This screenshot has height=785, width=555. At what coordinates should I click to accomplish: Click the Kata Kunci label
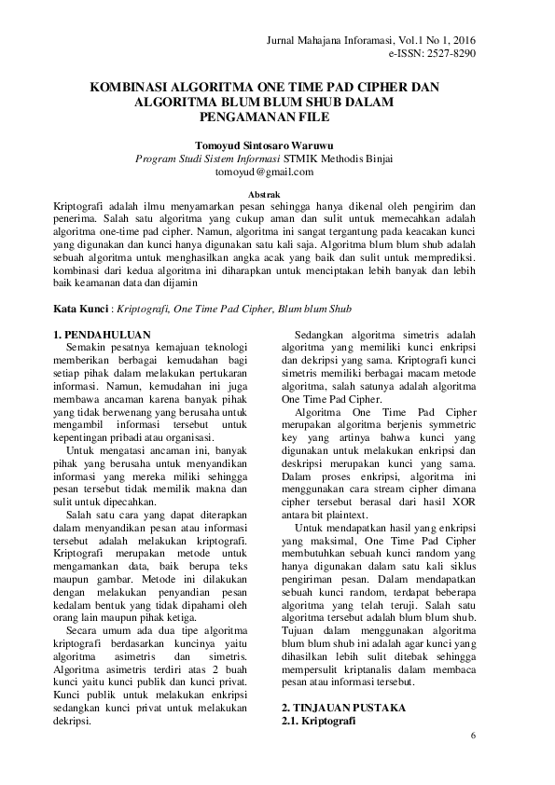[x=81, y=307]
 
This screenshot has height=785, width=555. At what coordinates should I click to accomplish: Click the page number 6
[x=473, y=737]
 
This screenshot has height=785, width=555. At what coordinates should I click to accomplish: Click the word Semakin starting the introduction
[x=91, y=348]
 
